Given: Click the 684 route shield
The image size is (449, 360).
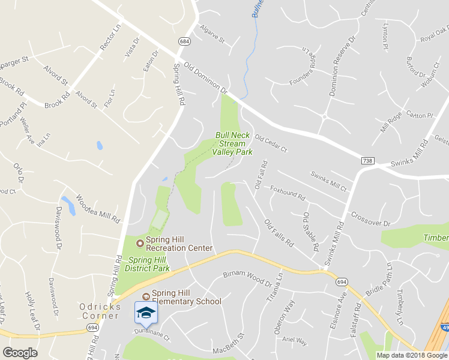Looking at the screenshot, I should click(x=184, y=40).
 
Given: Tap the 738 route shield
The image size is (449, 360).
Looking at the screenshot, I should click(x=368, y=161).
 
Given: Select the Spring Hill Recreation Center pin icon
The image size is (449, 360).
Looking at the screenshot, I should click(x=140, y=244).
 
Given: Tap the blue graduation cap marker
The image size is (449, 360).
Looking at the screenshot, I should click(x=146, y=314).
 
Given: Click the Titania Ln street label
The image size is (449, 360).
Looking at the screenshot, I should click(x=278, y=287).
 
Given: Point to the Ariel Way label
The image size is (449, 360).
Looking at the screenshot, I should click(x=294, y=341).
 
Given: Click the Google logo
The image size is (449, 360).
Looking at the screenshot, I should click(x=20, y=353).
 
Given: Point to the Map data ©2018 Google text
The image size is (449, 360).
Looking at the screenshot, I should click(x=411, y=355).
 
